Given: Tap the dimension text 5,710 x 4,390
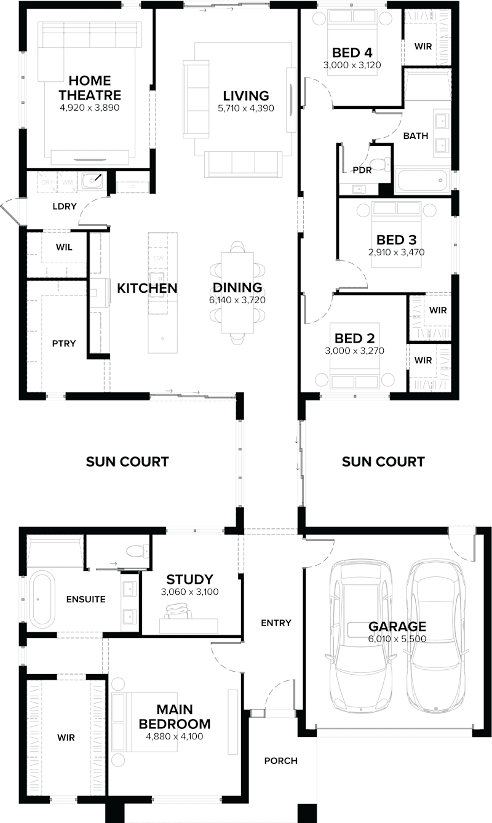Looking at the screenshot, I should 246,108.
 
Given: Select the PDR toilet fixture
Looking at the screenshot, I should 384,164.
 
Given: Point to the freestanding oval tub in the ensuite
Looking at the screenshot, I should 42,598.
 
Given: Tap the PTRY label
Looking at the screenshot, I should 64,343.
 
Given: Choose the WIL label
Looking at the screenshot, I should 64,247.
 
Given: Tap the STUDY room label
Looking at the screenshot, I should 189,579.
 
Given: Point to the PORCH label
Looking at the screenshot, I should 280,761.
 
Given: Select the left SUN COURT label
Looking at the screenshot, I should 127,461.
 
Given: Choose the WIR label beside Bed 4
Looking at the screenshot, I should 423,46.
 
